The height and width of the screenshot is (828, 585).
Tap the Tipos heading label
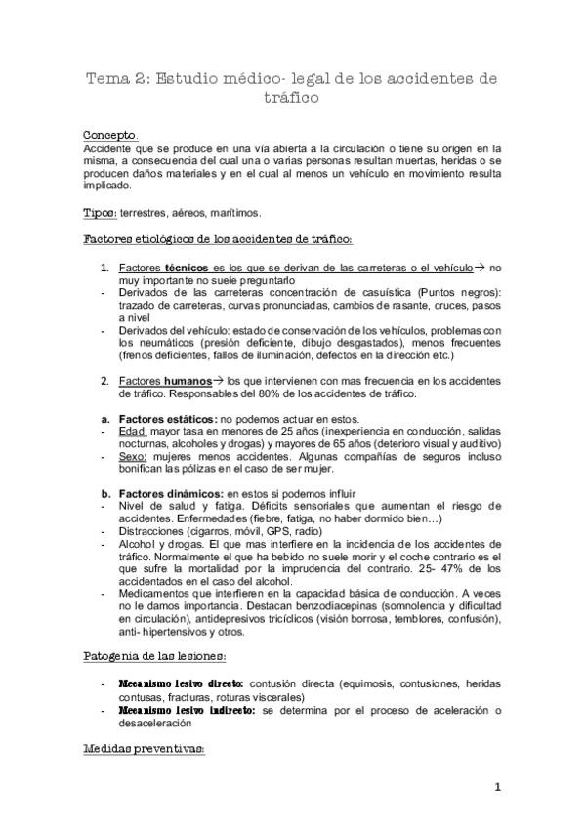(x=100, y=212)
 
